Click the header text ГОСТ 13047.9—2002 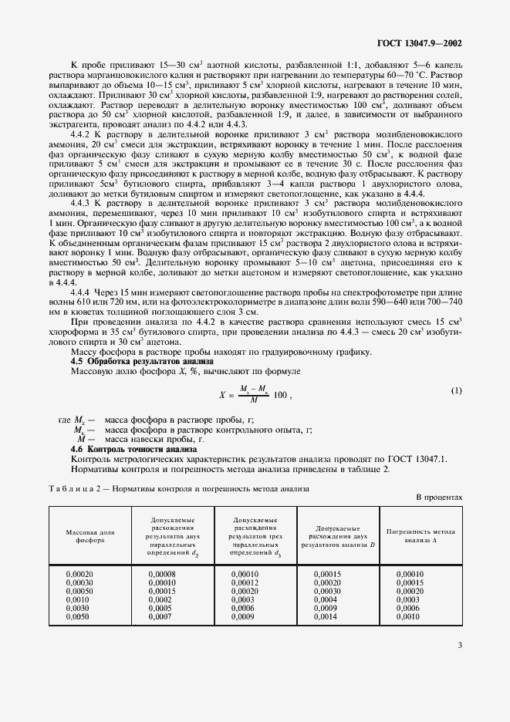click(420, 45)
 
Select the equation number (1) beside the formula click(456, 391)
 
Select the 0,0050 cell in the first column click(79, 617)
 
